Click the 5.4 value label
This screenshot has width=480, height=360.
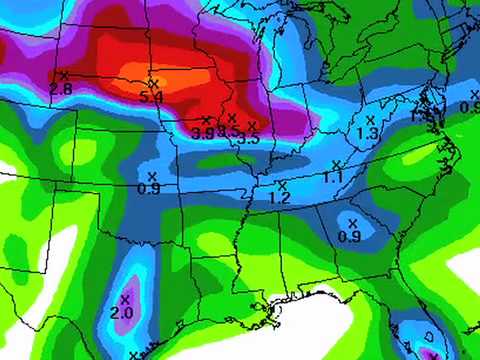coord(152,97)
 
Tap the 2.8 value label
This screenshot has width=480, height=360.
coord(60,89)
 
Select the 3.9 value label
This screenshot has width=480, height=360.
coord(203,132)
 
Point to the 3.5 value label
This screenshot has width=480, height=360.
coord(249,138)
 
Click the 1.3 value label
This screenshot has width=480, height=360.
coord(366,133)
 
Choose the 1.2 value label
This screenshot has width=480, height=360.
coord(279,198)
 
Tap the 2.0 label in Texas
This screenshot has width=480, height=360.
coord(121,313)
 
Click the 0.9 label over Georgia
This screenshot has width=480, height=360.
coord(349,236)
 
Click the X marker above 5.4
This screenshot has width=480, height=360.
coord(153,82)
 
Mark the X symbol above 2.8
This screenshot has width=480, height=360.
coord(64,75)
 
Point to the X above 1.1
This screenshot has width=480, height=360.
coord(335,163)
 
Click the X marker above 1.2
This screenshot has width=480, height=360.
coord(282,185)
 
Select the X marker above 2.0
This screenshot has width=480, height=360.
coord(126,298)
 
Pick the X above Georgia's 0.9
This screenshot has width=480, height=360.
coord(352,222)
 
